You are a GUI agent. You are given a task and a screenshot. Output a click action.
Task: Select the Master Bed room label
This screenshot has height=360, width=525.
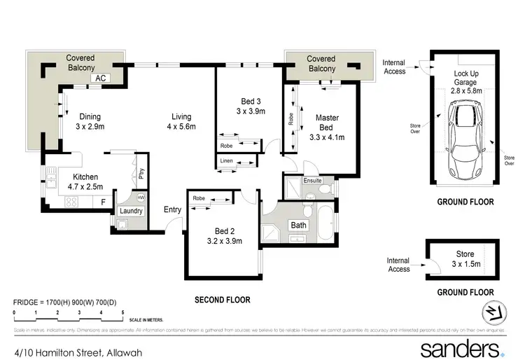pos(327,127)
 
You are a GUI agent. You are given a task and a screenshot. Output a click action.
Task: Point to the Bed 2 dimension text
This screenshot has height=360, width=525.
pos(225,241)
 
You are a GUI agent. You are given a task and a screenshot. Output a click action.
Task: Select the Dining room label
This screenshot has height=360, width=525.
pos(90,122)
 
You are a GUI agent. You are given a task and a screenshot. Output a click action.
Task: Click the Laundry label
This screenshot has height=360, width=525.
pos(131,211)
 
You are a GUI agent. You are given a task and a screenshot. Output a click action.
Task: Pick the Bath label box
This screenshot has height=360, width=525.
pos(299,226)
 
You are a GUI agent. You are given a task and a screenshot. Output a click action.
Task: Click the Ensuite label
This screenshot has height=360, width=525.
pos(312,181)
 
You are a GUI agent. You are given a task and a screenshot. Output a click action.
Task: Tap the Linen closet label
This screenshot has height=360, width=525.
pos(226,162)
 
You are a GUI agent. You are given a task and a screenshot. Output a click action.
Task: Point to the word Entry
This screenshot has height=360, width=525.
pos(172,209)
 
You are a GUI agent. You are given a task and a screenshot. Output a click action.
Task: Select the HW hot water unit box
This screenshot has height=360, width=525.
pos(141,198)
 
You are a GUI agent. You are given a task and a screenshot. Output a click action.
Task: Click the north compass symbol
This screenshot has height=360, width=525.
pos(494,312)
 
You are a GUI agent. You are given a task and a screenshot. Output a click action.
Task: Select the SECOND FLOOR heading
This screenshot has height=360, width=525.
pos(222,300)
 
